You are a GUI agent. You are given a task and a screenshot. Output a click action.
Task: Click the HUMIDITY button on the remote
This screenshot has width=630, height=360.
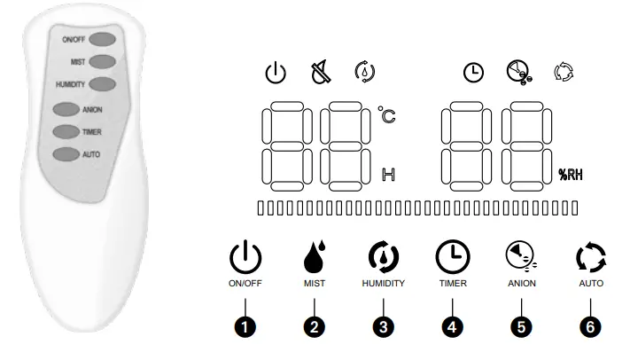click(x=102, y=84)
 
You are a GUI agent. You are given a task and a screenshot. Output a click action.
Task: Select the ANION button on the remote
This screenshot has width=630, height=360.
click(x=66, y=110)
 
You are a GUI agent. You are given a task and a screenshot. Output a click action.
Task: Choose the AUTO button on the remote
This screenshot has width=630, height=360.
click(x=66, y=154)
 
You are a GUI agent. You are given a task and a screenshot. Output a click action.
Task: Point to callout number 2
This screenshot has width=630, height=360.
click(x=313, y=325)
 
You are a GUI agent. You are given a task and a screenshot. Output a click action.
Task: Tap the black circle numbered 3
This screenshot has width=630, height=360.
click(x=382, y=325)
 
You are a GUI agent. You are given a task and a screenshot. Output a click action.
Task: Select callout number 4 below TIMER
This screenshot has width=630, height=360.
click(x=452, y=325)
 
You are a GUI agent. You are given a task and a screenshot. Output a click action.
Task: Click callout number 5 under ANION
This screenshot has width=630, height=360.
click(x=522, y=325)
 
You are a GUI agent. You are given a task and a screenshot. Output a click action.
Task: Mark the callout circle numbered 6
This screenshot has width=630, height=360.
click(x=591, y=325)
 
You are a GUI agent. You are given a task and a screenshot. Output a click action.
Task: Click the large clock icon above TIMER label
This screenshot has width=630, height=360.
click(x=452, y=257)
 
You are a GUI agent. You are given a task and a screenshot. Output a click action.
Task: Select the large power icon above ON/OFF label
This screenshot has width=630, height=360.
click(x=245, y=257)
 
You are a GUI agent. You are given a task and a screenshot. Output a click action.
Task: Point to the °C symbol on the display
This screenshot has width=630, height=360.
click(x=386, y=115)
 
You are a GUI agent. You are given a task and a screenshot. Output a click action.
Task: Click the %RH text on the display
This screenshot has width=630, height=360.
click(x=569, y=175)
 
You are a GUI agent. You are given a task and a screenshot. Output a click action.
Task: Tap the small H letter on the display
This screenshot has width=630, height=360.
click(x=387, y=174)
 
